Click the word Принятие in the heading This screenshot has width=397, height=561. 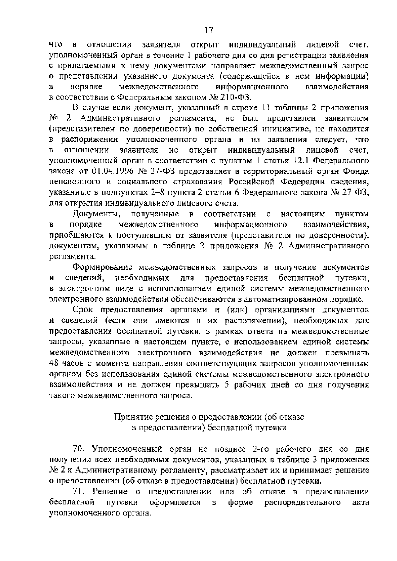[130, 417]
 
